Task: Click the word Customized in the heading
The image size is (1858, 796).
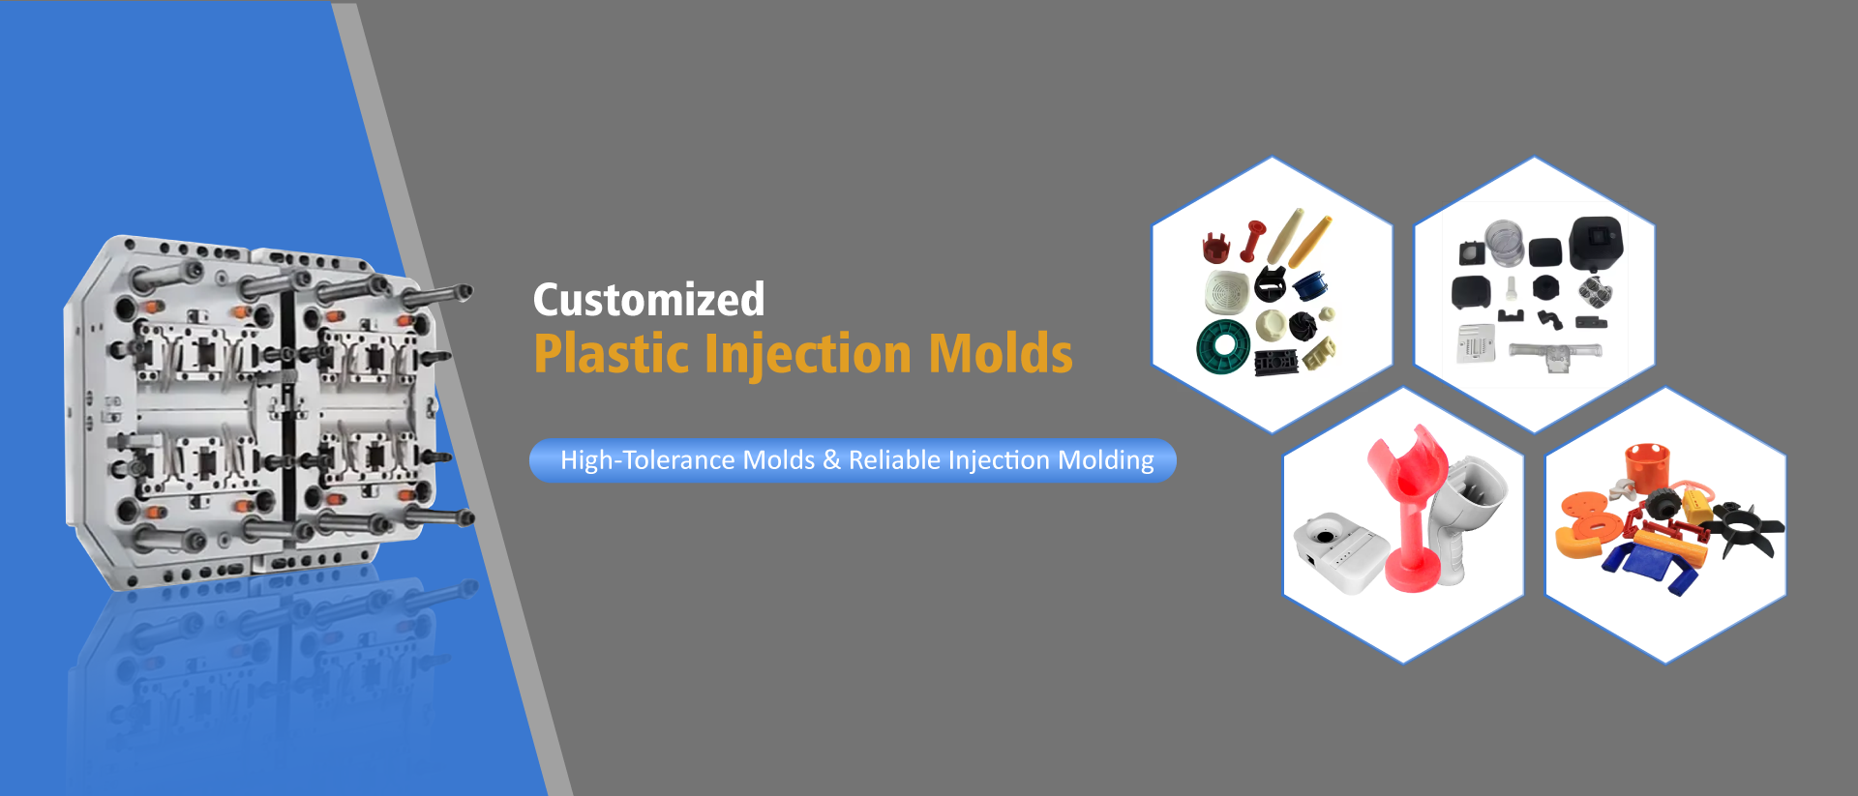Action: [648, 300]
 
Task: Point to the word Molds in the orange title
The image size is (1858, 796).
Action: [1001, 354]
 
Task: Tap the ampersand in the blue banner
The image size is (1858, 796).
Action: [831, 460]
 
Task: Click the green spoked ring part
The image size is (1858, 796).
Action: [1222, 346]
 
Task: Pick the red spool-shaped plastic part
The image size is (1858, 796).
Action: [1252, 241]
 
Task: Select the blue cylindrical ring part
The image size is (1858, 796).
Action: [1310, 284]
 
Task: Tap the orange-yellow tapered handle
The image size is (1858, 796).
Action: [1310, 241]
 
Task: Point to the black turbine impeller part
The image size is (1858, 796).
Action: [1303, 326]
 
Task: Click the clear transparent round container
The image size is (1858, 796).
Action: [1504, 243]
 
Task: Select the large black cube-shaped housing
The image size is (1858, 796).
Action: [1596, 243]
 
